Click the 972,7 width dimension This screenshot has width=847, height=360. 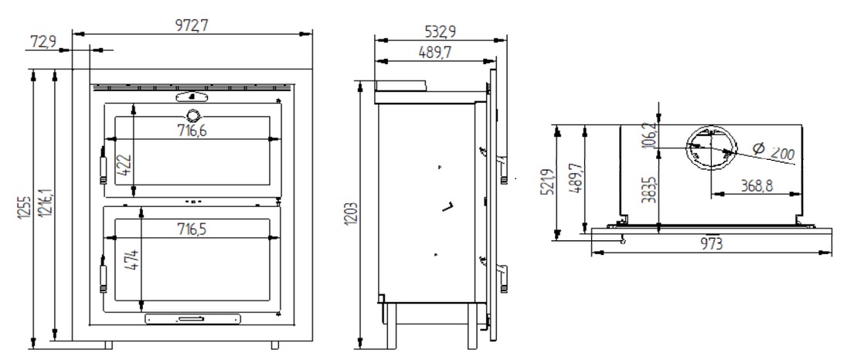click(x=193, y=25)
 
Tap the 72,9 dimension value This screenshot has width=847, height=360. click(x=43, y=42)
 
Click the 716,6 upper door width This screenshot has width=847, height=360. click(x=192, y=131)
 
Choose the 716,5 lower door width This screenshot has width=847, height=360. click(x=192, y=229)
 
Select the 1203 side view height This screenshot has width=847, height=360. click(x=351, y=215)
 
